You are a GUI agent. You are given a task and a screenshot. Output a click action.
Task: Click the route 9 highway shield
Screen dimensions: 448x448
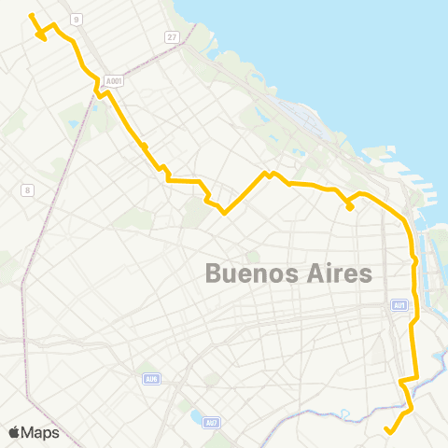(76, 19)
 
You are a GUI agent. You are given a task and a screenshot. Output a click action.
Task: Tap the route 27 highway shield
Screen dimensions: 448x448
(171, 36)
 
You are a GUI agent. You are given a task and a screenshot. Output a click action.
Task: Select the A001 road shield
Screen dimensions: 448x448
(113, 80)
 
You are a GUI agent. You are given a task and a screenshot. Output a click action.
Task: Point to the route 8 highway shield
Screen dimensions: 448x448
(28, 189)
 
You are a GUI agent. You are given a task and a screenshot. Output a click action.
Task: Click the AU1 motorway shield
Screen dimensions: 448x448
(399, 305)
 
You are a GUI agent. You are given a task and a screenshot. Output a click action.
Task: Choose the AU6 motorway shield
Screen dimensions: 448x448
(151, 378)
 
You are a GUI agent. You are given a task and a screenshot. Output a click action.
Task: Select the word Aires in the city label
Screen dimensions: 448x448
(340, 273)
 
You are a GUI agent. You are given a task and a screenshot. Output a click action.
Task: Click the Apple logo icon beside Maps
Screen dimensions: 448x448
(14, 432)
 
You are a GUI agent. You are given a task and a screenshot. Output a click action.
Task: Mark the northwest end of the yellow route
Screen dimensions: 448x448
(31, 15)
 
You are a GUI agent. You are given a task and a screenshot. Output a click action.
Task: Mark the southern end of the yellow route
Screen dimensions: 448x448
(386, 430)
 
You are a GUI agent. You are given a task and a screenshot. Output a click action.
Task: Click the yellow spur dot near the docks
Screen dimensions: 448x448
(349, 207)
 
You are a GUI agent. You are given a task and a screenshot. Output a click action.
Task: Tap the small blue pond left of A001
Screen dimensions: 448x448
(93, 104)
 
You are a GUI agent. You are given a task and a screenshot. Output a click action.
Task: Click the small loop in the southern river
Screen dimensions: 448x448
(346, 413)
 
